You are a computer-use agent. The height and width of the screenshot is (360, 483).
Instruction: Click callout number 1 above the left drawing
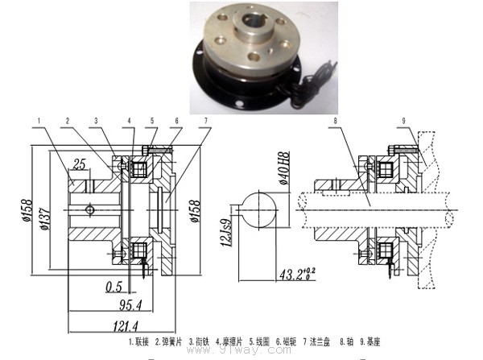pyautogui.click(x=38, y=121)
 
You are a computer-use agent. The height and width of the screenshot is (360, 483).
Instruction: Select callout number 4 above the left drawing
pyautogui.click(x=127, y=121)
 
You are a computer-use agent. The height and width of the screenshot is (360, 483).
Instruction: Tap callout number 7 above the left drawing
pyautogui.click(x=207, y=121)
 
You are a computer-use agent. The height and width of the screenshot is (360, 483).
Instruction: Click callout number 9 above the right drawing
pyautogui.click(x=403, y=121)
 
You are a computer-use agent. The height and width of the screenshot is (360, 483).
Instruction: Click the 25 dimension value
pyautogui.click(x=78, y=165)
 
